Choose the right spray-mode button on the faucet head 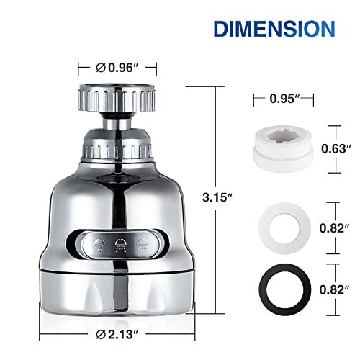[145, 243]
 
